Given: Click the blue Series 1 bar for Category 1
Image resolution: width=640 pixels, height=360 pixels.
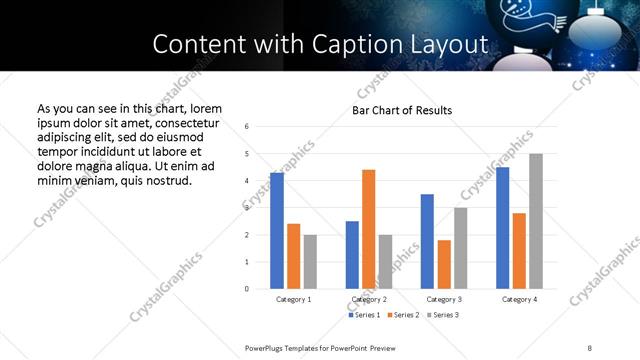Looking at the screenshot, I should tap(277, 231).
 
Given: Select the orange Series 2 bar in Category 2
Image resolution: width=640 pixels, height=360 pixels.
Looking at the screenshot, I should tap(369, 229).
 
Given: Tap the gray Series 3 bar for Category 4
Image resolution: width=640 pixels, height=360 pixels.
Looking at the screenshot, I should tap(536, 221).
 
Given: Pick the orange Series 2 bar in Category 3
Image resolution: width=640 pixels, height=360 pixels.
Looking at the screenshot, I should tap(444, 264).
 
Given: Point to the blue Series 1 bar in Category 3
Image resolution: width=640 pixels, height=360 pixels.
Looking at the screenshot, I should tap(427, 241).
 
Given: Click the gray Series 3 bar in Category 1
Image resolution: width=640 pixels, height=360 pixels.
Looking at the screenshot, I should tap(310, 262).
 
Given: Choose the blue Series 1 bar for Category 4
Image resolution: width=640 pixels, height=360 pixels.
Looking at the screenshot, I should tap(502, 228).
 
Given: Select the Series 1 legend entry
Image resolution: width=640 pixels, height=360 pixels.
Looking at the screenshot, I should tap(363, 315).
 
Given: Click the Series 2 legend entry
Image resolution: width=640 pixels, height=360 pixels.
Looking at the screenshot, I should tap(402, 315).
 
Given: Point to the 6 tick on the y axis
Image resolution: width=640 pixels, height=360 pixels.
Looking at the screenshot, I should tap(247, 126).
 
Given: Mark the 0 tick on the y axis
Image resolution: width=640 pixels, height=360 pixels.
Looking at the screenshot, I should tap(247, 289).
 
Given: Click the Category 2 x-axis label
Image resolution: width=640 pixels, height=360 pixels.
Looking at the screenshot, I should tap(369, 299).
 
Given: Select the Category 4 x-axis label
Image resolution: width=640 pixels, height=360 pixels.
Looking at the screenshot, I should tap(519, 299).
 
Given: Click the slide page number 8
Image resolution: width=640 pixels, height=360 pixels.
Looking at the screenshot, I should tap(589, 346).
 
